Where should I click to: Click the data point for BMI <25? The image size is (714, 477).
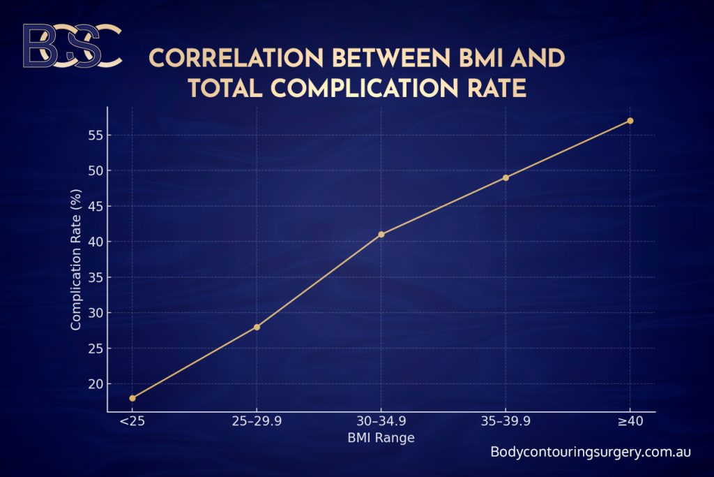pos(132,398)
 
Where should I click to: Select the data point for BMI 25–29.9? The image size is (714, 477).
pos(257,327)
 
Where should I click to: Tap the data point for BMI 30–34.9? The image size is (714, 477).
pos(381,234)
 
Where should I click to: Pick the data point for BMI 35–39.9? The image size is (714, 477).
pos(506,177)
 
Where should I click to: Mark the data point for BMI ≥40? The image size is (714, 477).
pos(630,121)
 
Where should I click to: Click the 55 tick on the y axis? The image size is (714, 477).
pos(95,135)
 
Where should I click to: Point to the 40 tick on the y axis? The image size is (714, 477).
pos(95,242)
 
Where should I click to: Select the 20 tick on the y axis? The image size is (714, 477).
pos(95,384)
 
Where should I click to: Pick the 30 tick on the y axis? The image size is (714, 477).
pos(95,313)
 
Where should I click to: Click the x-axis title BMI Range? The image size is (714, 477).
pos(381,439)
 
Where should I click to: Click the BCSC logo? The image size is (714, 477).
pos(71,46)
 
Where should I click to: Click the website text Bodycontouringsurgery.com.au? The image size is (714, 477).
pos(591,452)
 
